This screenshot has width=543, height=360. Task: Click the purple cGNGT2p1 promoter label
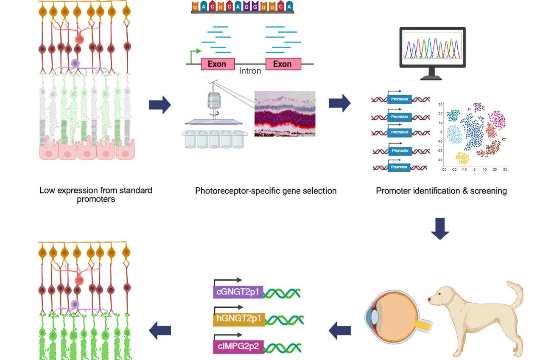tap(238, 292)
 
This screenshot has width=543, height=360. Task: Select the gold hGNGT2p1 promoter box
tap(239, 319)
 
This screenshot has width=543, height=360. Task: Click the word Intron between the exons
tap(250, 71)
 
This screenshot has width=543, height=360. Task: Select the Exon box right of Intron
tap(283, 64)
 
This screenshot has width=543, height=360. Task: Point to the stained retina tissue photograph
tap(285, 113)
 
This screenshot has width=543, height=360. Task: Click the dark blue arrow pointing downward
tap(439, 229)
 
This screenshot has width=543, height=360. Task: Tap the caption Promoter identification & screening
tap(441, 191)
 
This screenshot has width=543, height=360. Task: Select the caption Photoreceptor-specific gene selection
tap(266, 191)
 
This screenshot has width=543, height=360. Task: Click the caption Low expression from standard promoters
tap(96, 194)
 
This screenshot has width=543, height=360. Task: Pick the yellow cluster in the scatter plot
tap(463, 158)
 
